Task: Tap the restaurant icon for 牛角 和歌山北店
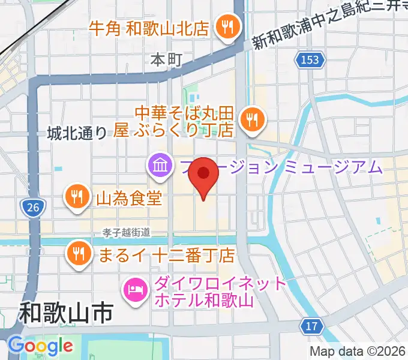click(x=229, y=26)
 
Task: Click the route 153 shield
click(x=311, y=59)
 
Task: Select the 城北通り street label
click(x=76, y=133)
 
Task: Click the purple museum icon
click(x=159, y=165)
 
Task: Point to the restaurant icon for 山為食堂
click(x=76, y=196)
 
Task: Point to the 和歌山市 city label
click(x=66, y=313)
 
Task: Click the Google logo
click(x=40, y=346)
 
